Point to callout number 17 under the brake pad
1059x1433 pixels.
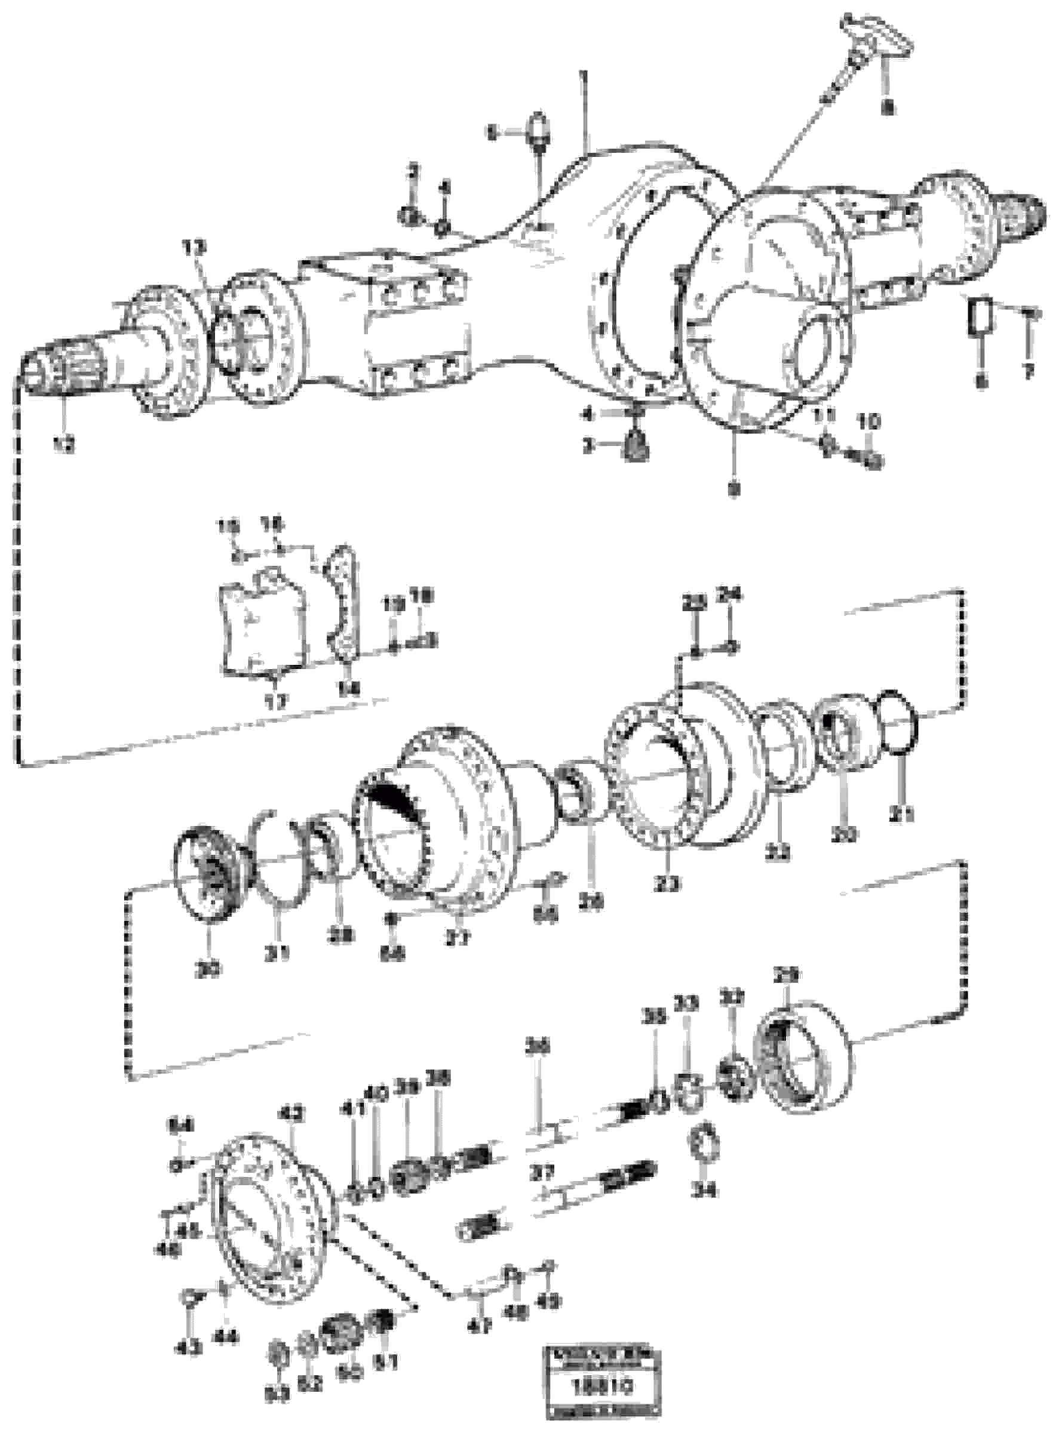point(277,699)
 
